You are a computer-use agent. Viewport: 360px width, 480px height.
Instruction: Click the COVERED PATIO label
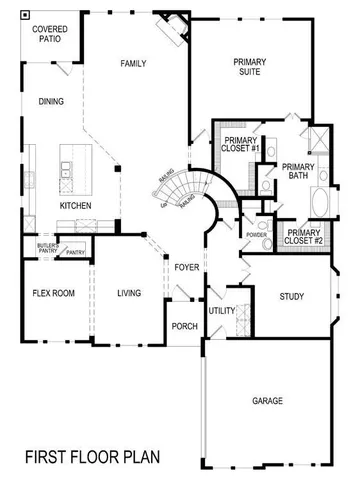pyautogui.click(x=49, y=35)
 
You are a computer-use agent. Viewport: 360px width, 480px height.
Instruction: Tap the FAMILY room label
pyautogui.click(x=134, y=64)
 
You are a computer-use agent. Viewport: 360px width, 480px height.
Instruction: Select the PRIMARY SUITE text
pyautogui.click(x=249, y=67)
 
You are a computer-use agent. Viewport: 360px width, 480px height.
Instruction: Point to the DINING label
pyautogui.click(x=51, y=101)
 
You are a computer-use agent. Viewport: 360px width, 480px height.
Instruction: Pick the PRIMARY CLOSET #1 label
pyautogui.click(x=241, y=144)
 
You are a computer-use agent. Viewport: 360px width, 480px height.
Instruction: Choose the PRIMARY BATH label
pyautogui.click(x=298, y=172)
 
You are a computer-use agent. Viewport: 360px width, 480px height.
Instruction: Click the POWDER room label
pyautogui.click(x=256, y=235)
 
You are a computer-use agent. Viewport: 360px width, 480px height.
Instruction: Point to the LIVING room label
pyautogui.click(x=128, y=294)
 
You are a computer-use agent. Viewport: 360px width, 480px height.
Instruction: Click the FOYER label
pyautogui.click(x=186, y=268)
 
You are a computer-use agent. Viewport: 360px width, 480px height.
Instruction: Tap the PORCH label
pyautogui.click(x=184, y=325)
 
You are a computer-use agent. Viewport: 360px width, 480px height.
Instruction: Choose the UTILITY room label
pyautogui.click(x=221, y=311)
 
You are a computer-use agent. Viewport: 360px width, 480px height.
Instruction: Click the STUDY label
pyautogui.click(x=290, y=297)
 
